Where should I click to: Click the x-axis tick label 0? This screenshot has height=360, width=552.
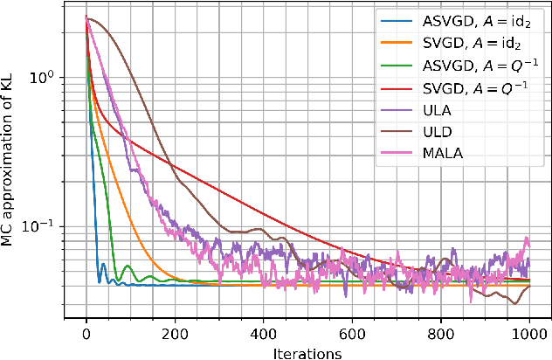[86, 333]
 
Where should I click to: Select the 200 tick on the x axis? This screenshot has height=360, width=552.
[175, 333]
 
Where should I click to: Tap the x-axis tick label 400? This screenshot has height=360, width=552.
[264, 333]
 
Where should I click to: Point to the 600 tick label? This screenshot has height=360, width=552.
[352, 333]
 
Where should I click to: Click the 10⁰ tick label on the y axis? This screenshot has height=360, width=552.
[43, 77]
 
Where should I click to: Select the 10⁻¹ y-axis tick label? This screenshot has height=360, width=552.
[43, 226]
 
